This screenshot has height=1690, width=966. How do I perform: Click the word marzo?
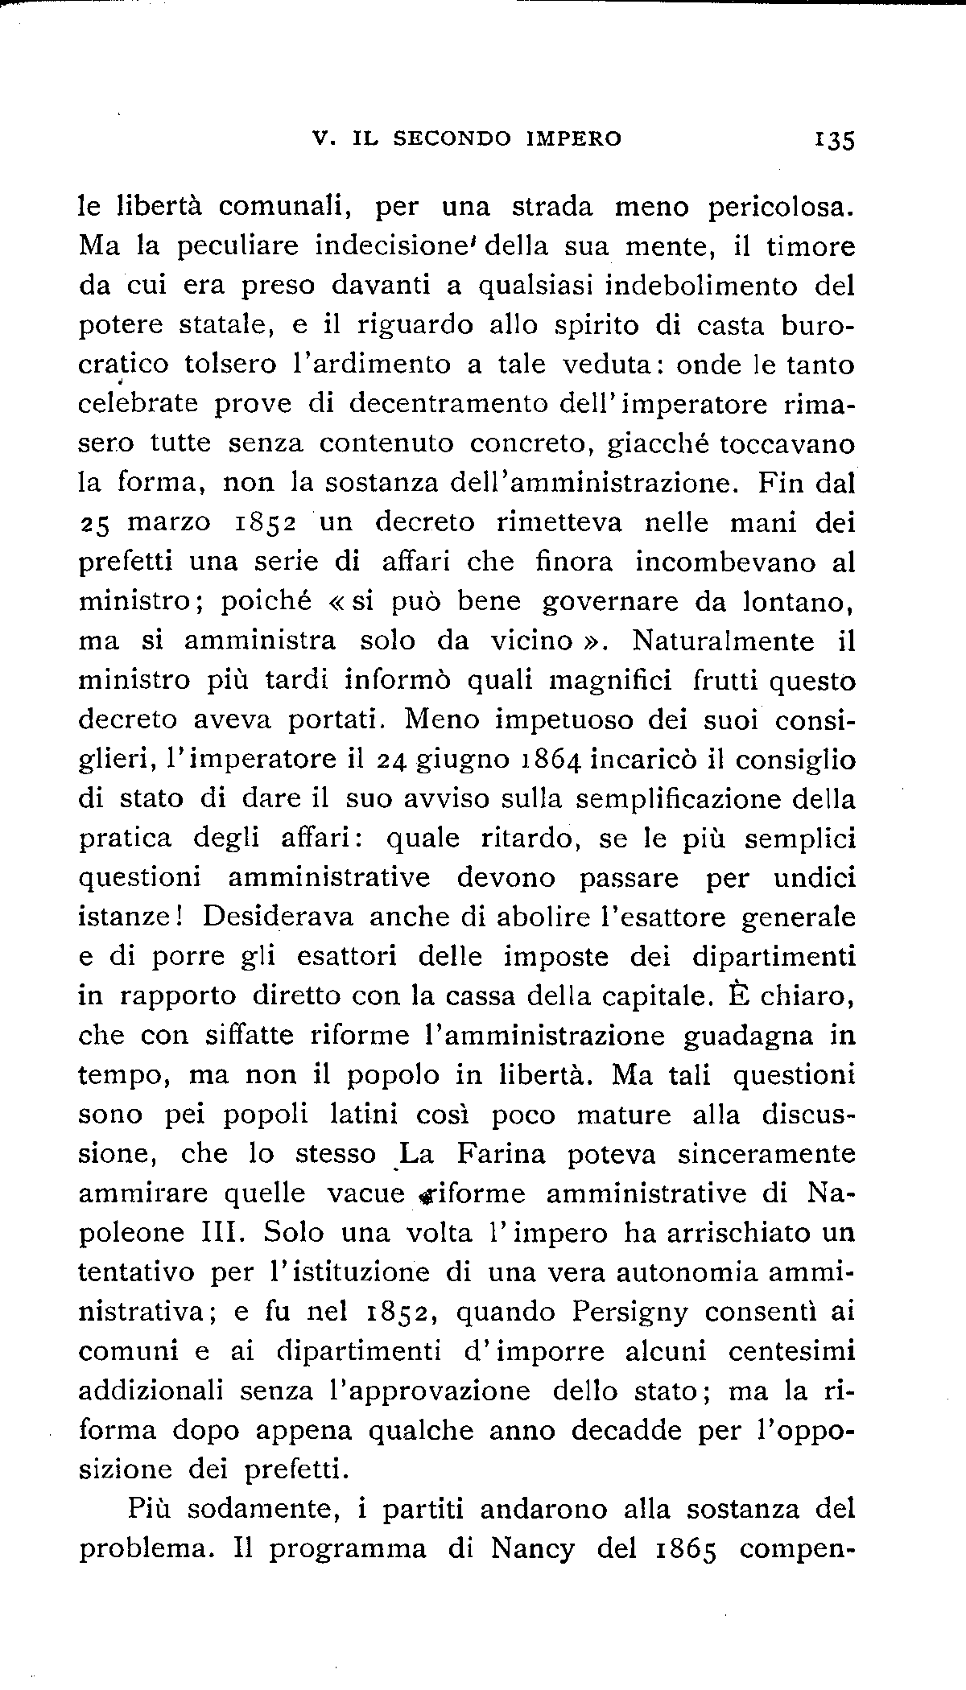pos(169,523)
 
